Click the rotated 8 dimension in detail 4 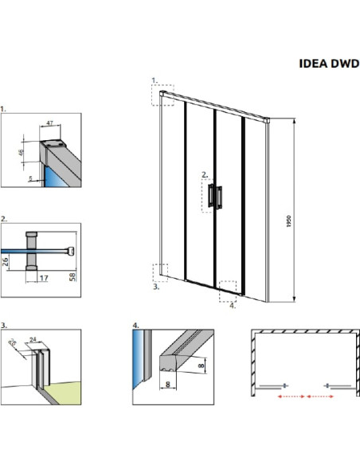point(202,364)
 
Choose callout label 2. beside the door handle point(205,174)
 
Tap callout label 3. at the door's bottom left point(155,287)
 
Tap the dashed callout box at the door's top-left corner point(162,95)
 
